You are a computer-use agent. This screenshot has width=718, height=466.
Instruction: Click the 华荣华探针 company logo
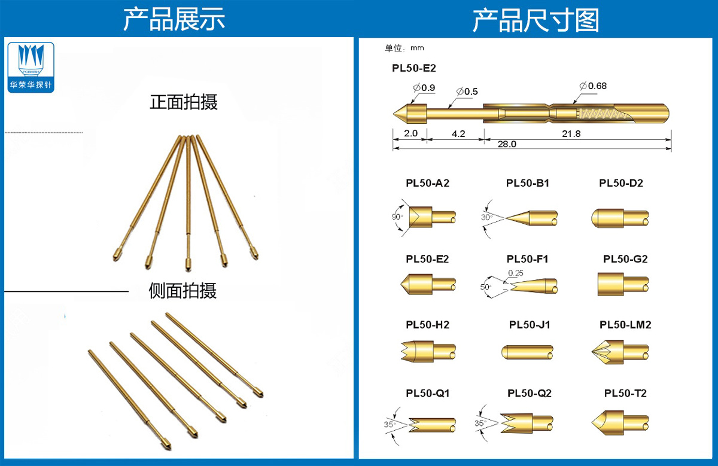[32, 66]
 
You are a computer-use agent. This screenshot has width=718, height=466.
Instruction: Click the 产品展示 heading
[174, 20]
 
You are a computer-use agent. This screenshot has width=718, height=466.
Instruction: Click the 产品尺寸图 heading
[536, 20]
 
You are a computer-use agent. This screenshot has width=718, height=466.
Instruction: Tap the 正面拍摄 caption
[184, 102]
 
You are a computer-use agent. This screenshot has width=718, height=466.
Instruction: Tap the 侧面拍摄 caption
[182, 291]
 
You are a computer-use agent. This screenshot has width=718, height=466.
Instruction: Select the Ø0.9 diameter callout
[424, 88]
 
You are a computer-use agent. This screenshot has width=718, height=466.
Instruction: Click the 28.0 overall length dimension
[506, 144]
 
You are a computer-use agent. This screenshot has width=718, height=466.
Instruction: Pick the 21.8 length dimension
[571, 133]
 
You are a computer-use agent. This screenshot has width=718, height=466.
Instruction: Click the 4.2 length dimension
[458, 133]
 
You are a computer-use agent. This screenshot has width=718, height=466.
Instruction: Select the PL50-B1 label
[528, 183]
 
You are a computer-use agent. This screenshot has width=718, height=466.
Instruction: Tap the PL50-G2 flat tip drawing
[622, 284]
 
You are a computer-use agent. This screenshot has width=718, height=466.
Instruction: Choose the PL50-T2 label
[625, 393]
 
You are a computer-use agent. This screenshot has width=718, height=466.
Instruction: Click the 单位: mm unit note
[404, 48]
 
